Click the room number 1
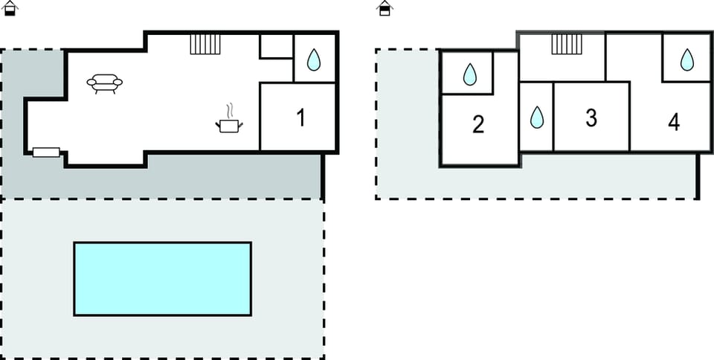tap(300, 118)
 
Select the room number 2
tap(477, 124)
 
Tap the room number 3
tap(591, 118)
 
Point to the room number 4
tap(674, 123)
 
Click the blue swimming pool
tap(162, 278)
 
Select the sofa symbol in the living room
tap(104, 83)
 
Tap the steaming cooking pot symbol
tap(229, 125)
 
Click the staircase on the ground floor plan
tap(205, 44)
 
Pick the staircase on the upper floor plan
tap(567, 44)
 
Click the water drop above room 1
tap(314, 60)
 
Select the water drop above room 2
tap(469, 74)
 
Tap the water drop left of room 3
tap(536, 118)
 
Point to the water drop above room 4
tap(687, 59)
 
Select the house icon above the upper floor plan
tap(385, 8)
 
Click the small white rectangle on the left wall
tap(46, 152)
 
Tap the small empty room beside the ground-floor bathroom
tap(276, 47)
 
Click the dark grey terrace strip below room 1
tap(223, 177)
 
